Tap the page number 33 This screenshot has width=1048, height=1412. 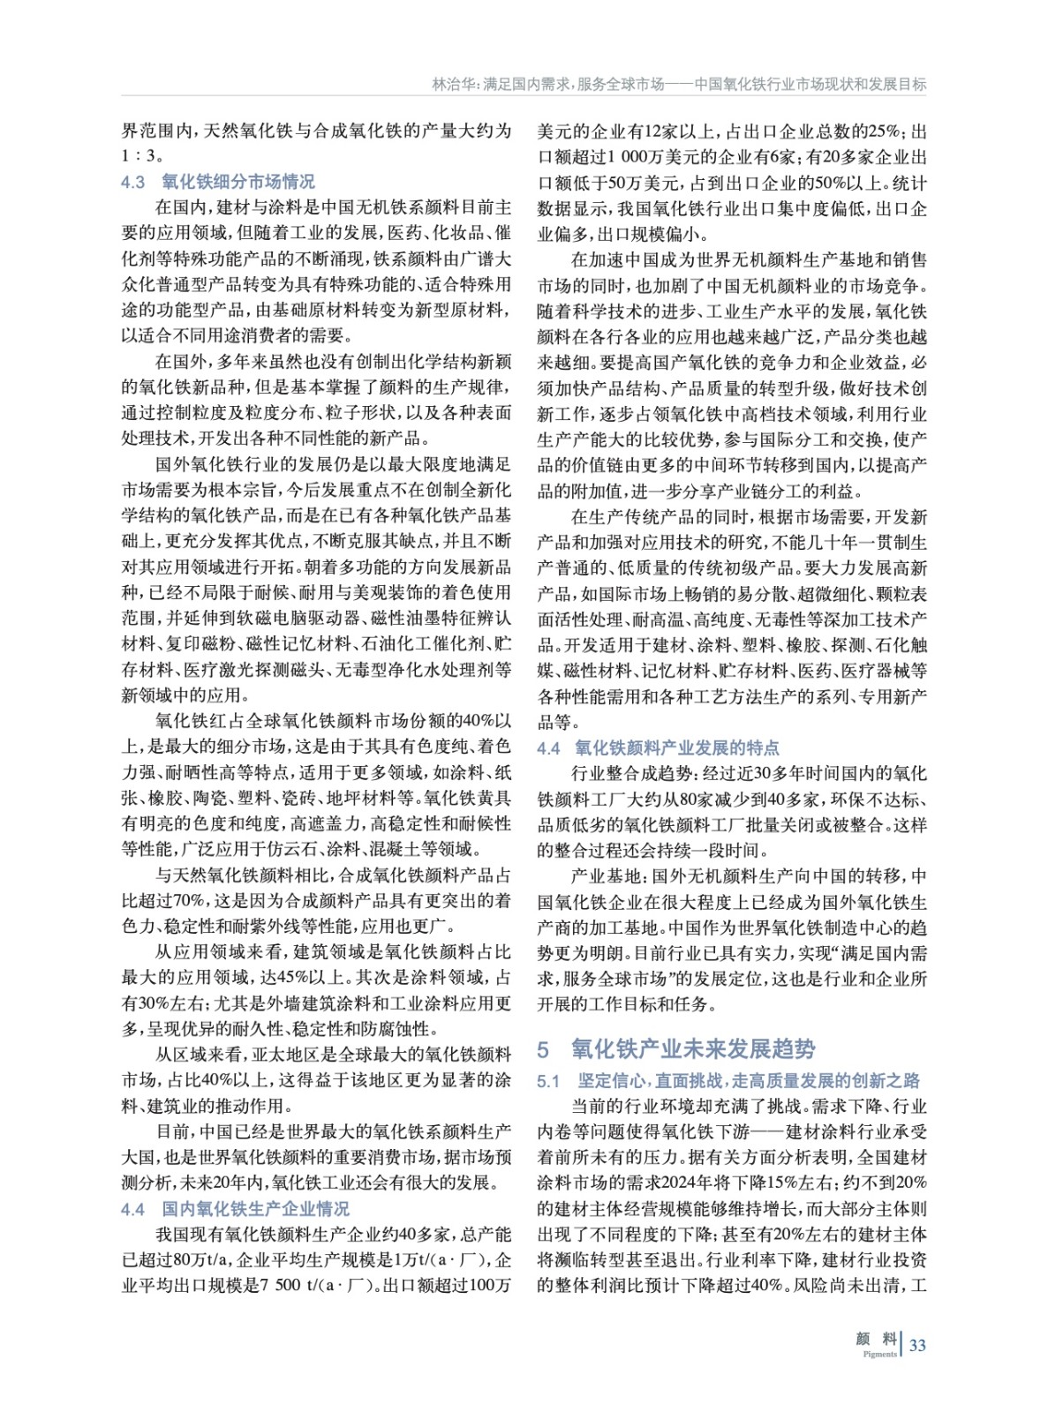click(x=917, y=1345)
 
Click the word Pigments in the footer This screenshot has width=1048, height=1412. click(x=879, y=1354)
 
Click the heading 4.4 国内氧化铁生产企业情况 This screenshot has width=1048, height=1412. click(x=235, y=1208)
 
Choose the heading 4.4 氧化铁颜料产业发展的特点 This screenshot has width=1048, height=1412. click(x=658, y=747)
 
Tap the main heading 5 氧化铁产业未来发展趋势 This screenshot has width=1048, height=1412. click(x=676, y=1048)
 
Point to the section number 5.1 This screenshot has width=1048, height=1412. click(x=548, y=1080)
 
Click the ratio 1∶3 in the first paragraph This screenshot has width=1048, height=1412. click(x=139, y=156)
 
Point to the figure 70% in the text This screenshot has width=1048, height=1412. click(x=187, y=900)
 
